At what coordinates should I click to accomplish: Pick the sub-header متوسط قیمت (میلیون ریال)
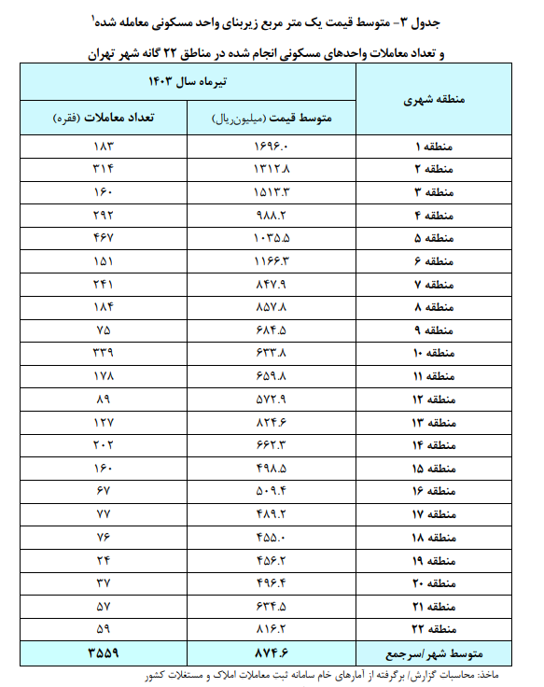pos(271,119)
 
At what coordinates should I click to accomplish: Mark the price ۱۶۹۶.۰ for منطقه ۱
pos(271,147)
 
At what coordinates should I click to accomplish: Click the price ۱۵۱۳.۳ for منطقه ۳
pos(271,193)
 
